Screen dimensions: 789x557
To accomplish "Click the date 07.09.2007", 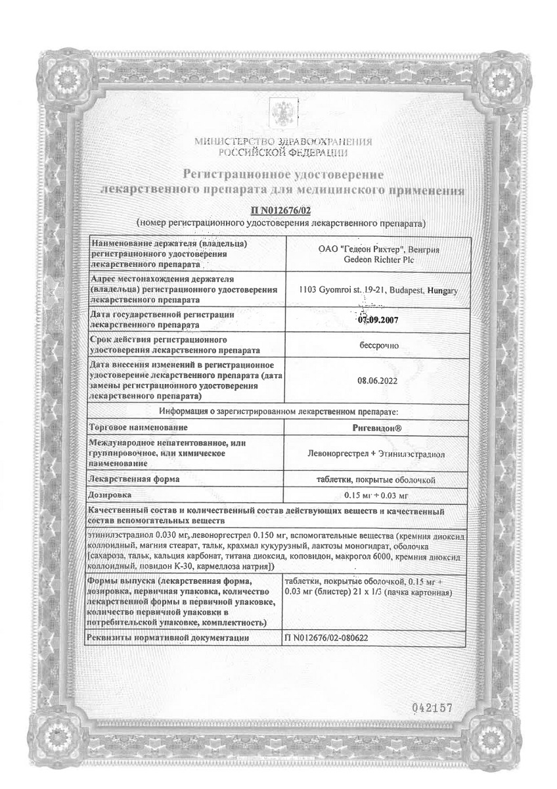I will [377, 321].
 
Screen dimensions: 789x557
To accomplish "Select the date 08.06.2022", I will [377, 380].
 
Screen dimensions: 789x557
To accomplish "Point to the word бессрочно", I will [377, 345].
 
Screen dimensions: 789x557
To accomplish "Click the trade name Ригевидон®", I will [377, 427].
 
